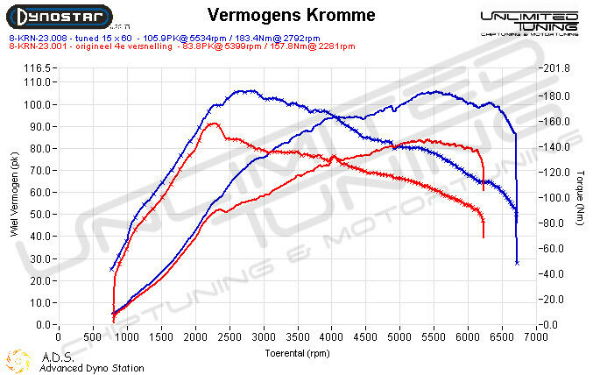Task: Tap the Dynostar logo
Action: pyautogui.click(x=60, y=17)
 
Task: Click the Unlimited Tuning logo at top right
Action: pyautogui.click(x=529, y=22)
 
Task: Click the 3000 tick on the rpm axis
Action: pyautogui.click(x=263, y=336)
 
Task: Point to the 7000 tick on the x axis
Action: pyautogui.click(x=536, y=336)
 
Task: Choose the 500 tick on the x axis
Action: pyautogui.click(x=92, y=336)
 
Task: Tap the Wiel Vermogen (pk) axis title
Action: pyautogui.click(x=12, y=195)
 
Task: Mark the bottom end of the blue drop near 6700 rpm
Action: pyautogui.click(x=517, y=262)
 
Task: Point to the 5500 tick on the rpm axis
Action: pyautogui.click(x=434, y=336)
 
